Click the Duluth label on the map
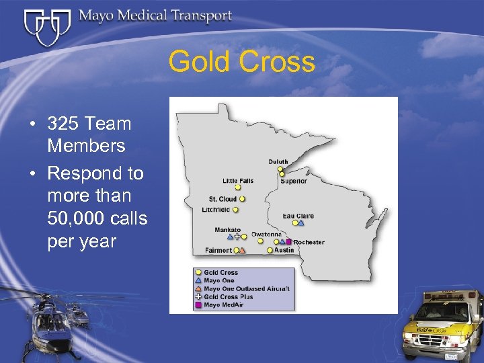tap(278, 162)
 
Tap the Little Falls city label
tap(239, 180)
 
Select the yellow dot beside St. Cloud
tap(242, 199)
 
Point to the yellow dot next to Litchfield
tap(237, 210)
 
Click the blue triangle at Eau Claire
tap(301, 223)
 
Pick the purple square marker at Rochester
tap(288, 242)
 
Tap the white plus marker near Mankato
tap(237, 237)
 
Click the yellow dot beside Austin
tap(270, 251)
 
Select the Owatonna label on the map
tap(266, 235)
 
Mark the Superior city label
tap(294, 181)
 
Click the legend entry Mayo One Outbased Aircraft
tap(247, 289)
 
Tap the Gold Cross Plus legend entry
tap(229, 296)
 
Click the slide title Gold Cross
tap(241, 62)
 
